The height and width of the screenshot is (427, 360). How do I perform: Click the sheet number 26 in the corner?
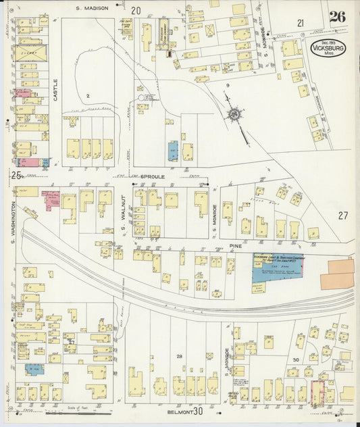coord(337,17)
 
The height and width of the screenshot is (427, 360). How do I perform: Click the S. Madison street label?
coord(92,9)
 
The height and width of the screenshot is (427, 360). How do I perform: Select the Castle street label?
coord(55,90)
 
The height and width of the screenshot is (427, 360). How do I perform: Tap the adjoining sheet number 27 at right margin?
coord(342,216)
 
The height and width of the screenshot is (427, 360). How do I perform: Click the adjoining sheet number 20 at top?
coord(136,10)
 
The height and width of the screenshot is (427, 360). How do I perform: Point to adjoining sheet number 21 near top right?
coord(301,23)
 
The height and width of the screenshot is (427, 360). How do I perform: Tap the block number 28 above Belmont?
coord(180,356)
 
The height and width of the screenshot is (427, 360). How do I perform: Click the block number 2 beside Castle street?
coord(88,96)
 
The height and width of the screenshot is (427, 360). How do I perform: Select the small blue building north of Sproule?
coord(174,151)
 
